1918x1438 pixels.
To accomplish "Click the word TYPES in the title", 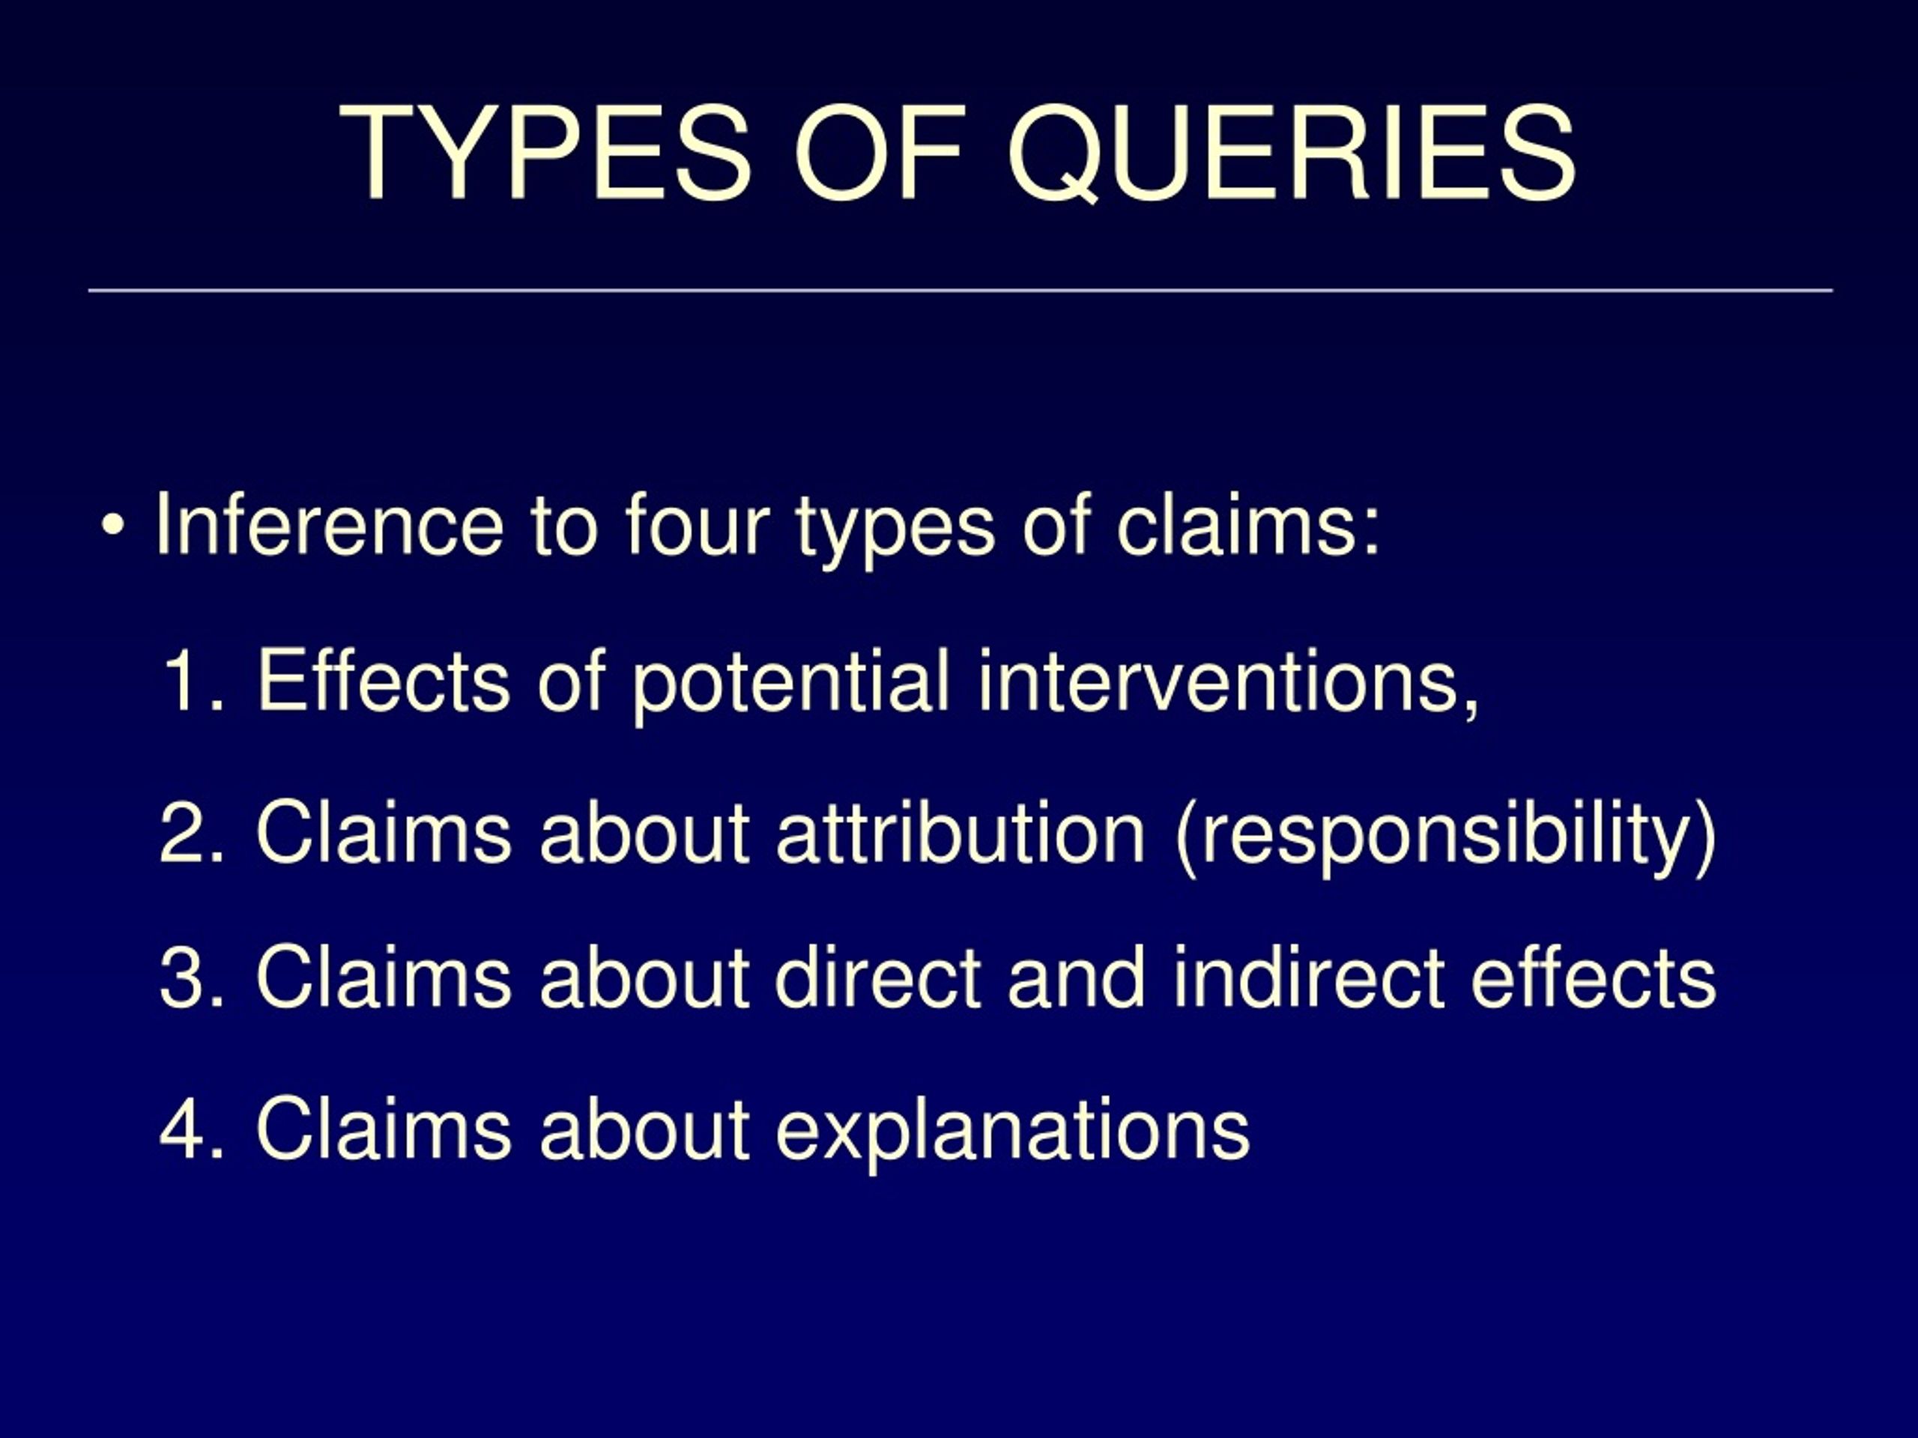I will tap(545, 154).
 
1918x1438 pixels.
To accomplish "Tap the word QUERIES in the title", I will tap(1290, 154).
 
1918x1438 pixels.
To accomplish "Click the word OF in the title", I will tap(878, 154).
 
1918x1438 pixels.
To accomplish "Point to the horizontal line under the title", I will tap(960, 291).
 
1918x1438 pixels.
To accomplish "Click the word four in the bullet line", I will tap(697, 524).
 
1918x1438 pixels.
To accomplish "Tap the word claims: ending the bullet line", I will tap(1247, 524).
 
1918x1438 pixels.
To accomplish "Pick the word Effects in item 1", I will tap(382, 682).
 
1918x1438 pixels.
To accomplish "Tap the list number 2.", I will tap(191, 832).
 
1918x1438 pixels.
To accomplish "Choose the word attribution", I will tap(960, 832).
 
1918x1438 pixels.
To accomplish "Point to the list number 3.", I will tap(191, 977).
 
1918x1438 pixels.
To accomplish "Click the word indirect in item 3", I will tap(1307, 977).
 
